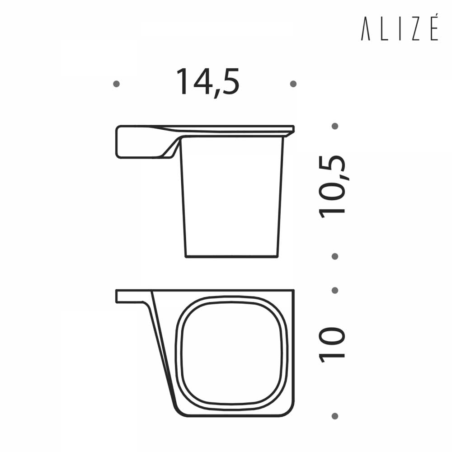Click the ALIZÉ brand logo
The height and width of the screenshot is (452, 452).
pyautogui.click(x=399, y=31)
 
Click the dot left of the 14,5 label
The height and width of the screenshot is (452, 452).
pyautogui.click(x=117, y=84)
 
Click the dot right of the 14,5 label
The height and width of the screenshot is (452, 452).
pyautogui.click(x=293, y=84)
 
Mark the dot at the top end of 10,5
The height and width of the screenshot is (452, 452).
pyautogui.click(x=335, y=126)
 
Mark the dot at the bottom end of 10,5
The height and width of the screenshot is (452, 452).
pyautogui.click(x=335, y=256)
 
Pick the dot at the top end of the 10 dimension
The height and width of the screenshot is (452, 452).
pyautogui.click(x=335, y=290)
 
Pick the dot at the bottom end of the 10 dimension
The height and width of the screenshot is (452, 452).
pyautogui.click(x=335, y=416)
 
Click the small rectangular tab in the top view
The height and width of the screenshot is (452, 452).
pyautogui.click(x=129, y=296)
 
